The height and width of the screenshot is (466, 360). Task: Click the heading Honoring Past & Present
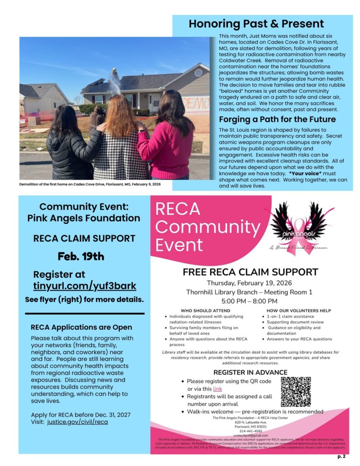[256, 24]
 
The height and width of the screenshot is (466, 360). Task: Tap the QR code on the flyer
[295, 391]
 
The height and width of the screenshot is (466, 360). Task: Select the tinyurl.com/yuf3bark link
[85, 286]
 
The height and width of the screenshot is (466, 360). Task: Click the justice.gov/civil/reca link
[77, 422]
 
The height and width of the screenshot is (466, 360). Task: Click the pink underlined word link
[218, 389]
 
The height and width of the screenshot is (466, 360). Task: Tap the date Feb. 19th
[81, 256]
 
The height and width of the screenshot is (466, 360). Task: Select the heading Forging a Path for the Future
[277, 119]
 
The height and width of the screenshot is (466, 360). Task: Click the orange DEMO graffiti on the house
[196, 104]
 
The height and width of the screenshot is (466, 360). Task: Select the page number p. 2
[341, 456]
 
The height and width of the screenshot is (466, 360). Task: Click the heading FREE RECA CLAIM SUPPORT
[250, 272]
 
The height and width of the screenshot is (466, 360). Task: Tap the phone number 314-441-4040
[250, 431]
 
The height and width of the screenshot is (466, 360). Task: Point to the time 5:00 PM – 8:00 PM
[249, 301]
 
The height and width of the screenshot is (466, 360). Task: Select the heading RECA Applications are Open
[81, 327]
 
